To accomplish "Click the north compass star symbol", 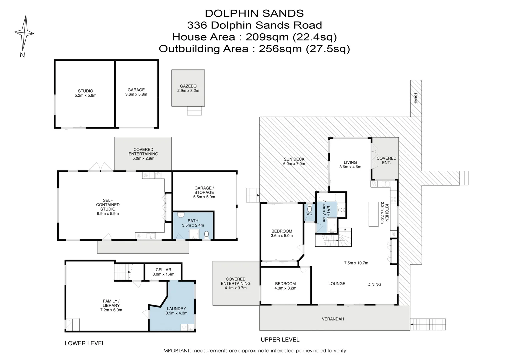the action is point(24,33).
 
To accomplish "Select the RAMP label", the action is point(415,98).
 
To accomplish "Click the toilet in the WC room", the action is point(309,209).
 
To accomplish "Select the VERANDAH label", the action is point(333,319).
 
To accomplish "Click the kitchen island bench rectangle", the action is point(373,214).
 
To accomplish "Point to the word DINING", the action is point(374,284).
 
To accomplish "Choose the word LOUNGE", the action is point(337,284).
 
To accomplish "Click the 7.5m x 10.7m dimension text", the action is point(356,263).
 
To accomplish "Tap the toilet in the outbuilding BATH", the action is point(206,235).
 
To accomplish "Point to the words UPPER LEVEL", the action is point(280,340).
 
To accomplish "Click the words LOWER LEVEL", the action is point(85,343).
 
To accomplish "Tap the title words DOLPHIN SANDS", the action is point(254,13).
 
